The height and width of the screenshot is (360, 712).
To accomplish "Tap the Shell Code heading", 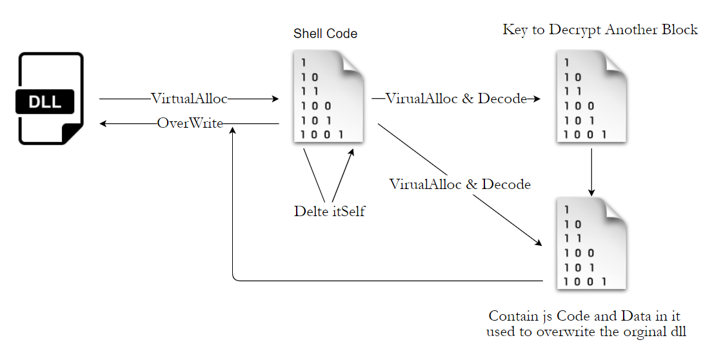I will click(x=325, y=34).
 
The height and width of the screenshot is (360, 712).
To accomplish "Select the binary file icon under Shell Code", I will click(x=326, y=98).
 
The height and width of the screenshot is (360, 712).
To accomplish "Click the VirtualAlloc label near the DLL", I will click(x=189, y=99).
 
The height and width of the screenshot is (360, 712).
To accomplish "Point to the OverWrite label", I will click(x=190, y=123).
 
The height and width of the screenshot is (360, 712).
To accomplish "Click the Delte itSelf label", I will click(x=329, y=211).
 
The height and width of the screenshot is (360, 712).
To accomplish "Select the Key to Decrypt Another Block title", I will click(x=600, y=30).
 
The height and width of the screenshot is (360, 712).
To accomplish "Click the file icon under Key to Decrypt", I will click(x=591, y=98).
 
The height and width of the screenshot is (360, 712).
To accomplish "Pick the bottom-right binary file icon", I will click(x=591, y=244).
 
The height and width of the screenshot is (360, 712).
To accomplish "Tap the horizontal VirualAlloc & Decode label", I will click(x=456, y=99).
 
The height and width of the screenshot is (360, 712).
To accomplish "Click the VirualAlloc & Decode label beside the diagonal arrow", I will click(x=460, y=185).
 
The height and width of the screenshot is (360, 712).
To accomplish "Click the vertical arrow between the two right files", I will click(x=591, y=171).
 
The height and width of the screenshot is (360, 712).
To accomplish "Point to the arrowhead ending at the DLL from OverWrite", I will click(x=103, y=123).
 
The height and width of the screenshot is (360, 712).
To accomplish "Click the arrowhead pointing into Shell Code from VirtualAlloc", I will click(x=275, y=99).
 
